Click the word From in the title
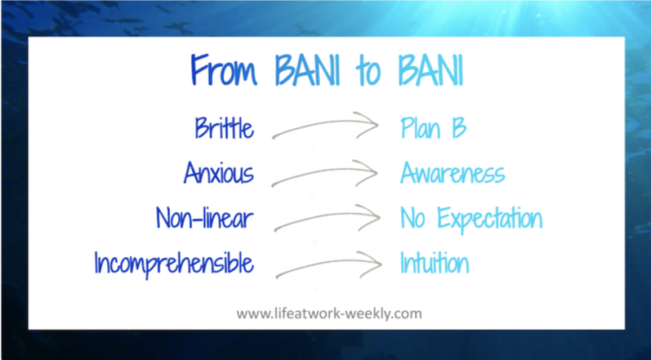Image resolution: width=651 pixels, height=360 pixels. pyautogui.click(x=224, y=70)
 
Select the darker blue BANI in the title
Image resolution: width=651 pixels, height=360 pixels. pyautogui.click(x=308, y=70)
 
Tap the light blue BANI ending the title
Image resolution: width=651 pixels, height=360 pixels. pyautogui.click(x=431, y=70)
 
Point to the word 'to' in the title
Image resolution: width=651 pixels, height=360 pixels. pyautogui.click(x=368, y=73)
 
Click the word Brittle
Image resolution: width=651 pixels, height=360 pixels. pyautogui.click(x=224, y=127)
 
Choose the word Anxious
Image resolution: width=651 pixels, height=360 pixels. pyautogui.click(x=219, y=172)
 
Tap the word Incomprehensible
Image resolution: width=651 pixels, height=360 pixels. pyautogui.click(x=174, y=264)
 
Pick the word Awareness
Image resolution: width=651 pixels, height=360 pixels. pyautogui.click(x=453, y=172)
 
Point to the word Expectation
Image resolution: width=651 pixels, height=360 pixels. pyautogui.click(x=490, y=219)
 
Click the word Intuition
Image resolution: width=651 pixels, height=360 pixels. pyautogui.click(x=435, y=263)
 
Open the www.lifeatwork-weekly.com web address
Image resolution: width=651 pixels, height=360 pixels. pyautogui.click(x=329, y=313)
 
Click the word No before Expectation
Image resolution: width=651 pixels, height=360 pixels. pyautogui.click(x=413, y=218)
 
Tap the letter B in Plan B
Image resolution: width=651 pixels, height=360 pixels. pyautogui.click(x=459, y=128)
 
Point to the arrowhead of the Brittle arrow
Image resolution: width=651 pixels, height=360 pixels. pyautogui.click(x=368, y=124)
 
